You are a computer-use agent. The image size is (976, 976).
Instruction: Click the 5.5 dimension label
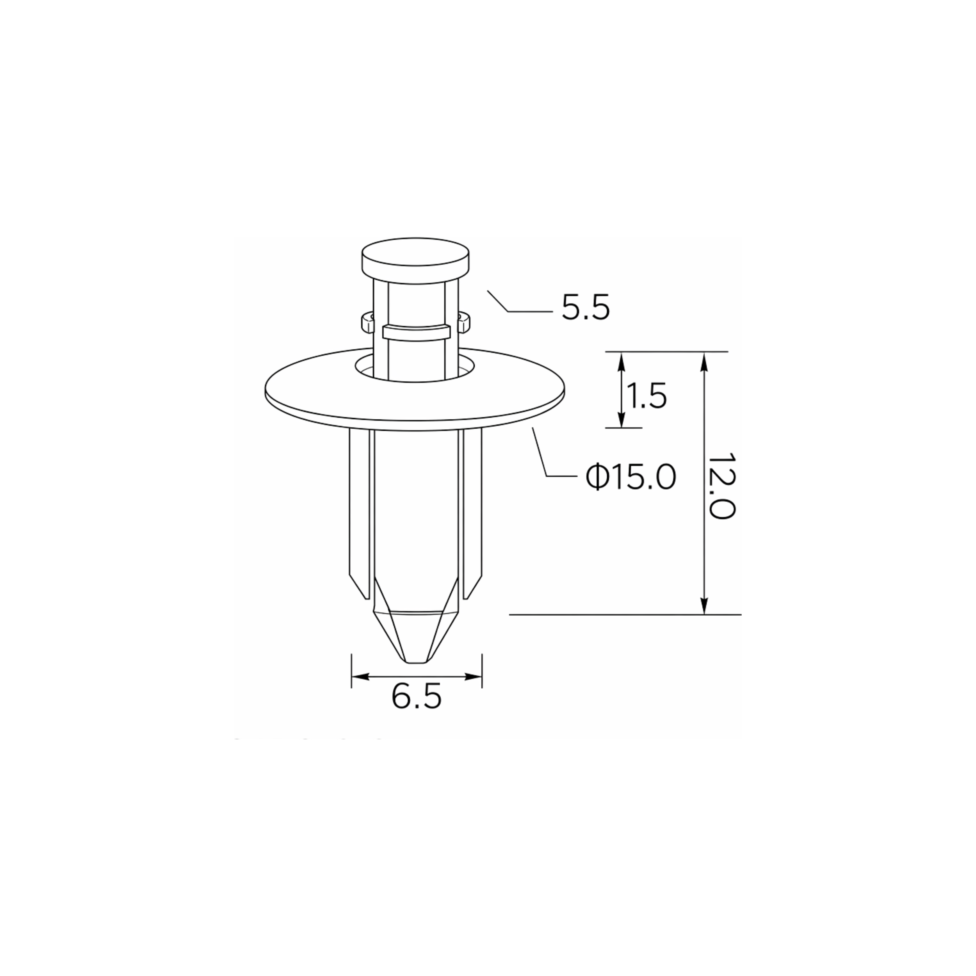pos(586,308)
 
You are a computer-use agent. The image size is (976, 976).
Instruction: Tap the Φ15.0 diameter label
pos(630,477)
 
